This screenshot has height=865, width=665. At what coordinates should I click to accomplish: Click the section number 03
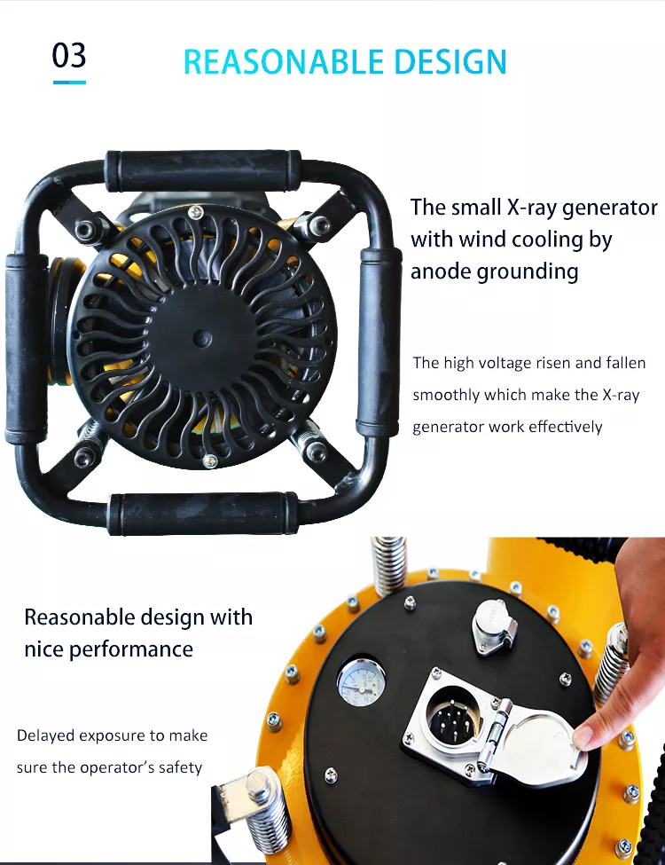pos(69,55)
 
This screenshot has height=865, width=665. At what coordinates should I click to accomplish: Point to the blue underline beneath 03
pos(69,82)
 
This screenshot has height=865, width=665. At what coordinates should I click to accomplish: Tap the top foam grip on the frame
pos(203,169)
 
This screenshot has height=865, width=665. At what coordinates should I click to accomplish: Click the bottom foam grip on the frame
pos(203,513)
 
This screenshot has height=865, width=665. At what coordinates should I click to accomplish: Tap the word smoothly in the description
pos(446,395)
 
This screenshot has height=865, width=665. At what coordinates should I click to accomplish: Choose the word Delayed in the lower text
pos(45,735)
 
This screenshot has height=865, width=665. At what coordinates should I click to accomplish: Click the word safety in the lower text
pos(180,767)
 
